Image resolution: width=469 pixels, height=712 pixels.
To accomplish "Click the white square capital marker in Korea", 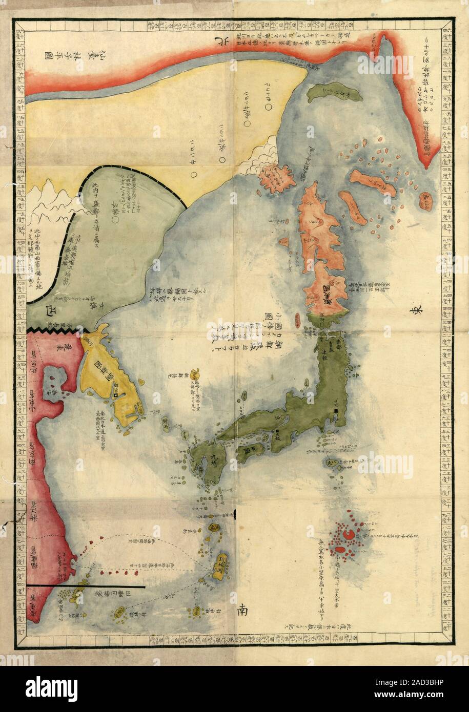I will coord(116,395).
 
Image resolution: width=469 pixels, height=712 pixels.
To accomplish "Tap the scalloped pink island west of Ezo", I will coord(275,177).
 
